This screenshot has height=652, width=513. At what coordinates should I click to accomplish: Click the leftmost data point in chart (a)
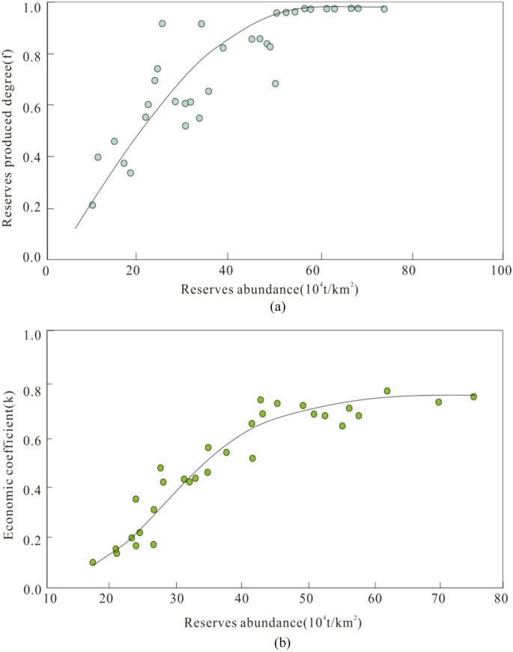click(92, 205)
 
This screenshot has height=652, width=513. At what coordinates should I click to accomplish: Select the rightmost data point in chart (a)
click(383, 9)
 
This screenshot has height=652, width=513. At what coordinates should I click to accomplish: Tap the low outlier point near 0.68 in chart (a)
click(276, 83)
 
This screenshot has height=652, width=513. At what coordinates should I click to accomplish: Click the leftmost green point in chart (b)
click(93, 562)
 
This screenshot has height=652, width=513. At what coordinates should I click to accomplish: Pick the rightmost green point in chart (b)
click(473, 396)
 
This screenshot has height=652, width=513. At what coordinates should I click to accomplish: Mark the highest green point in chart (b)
click(387, 390)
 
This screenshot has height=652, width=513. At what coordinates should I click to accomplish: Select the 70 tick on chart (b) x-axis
click(439, 600)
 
